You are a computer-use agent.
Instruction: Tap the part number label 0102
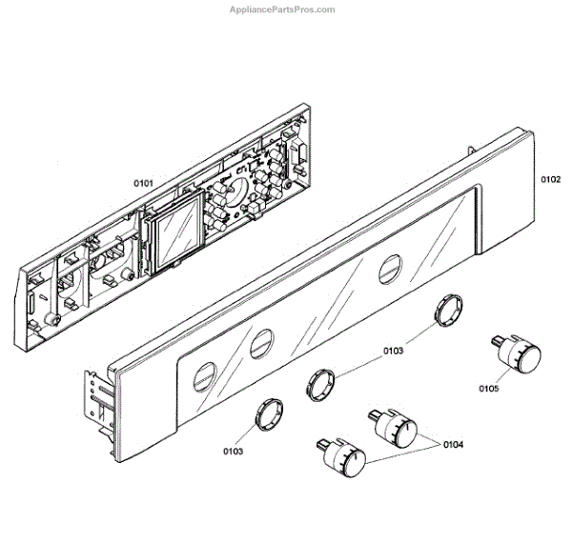550,178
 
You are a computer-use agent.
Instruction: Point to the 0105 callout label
490,389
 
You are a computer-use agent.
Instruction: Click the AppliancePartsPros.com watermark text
283,10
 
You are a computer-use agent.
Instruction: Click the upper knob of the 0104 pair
399,431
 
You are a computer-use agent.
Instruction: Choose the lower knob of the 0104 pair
345,460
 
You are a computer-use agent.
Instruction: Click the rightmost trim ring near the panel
448,312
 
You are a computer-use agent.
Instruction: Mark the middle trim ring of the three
321,384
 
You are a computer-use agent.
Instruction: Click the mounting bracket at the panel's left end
99,398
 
